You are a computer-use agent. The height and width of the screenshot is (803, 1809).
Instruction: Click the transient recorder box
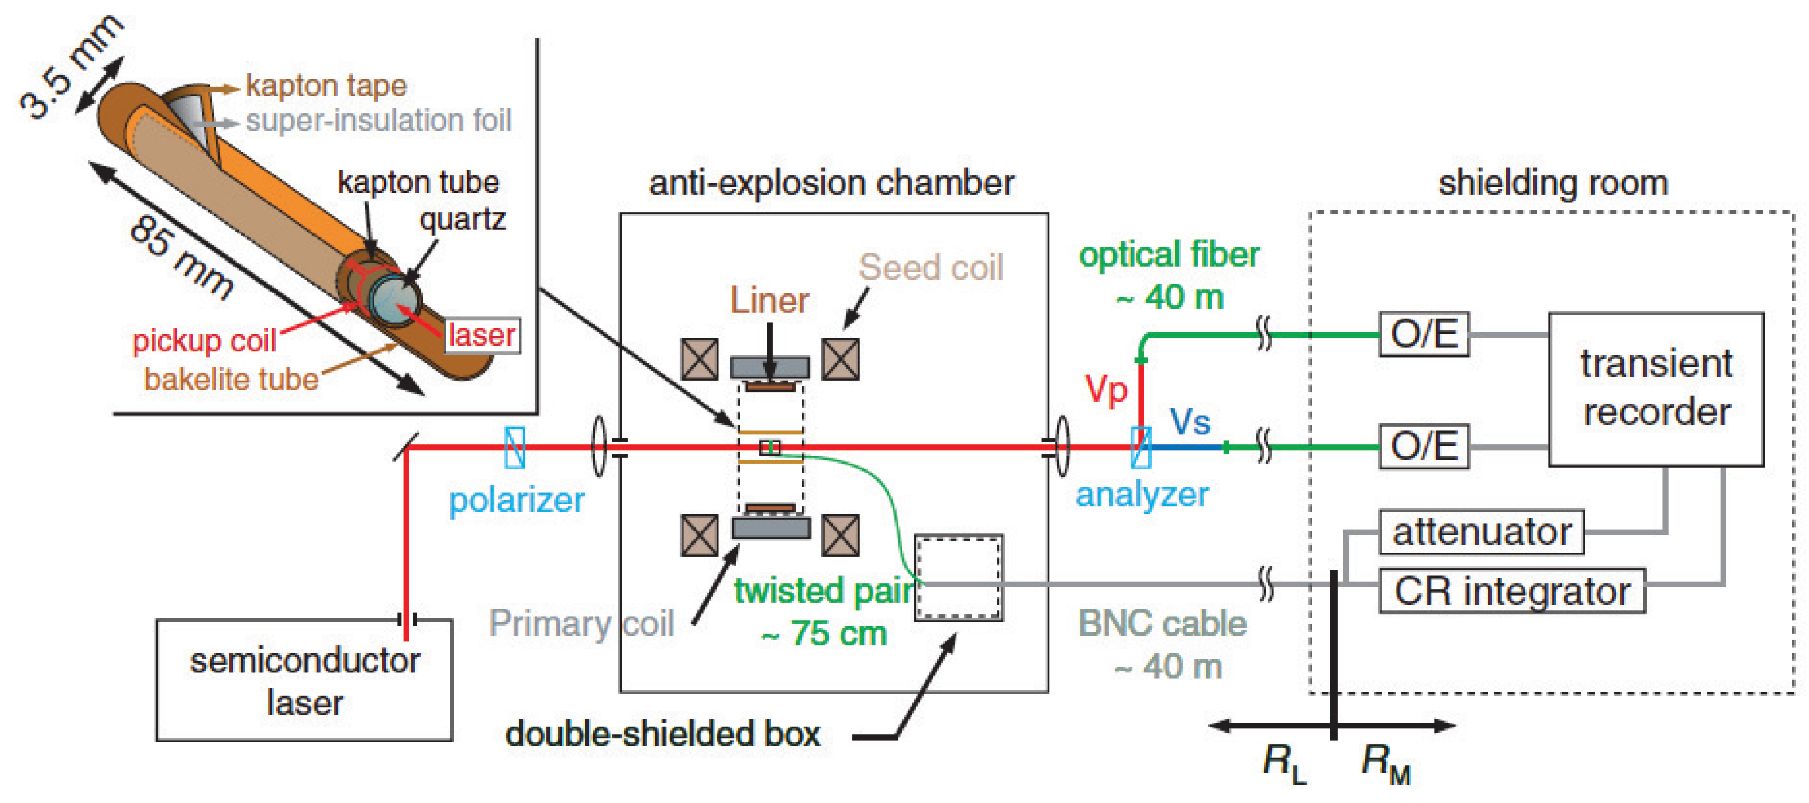click(1656, 390)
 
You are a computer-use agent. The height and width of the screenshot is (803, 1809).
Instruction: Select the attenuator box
click(1481, 532)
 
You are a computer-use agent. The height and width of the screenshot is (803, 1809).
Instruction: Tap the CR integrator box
click(1512, 591)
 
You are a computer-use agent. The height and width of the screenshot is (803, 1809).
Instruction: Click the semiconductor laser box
click(304, 680)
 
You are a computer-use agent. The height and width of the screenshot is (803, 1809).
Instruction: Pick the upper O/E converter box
click(1424, 334)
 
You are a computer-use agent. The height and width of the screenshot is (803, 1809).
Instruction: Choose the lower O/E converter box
click(1424, 446)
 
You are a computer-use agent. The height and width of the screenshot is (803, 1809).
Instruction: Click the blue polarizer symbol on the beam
click(515, 447)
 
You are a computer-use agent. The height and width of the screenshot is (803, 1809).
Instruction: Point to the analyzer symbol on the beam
click(1140, 447)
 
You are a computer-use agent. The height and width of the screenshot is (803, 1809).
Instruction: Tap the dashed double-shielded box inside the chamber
click(959, 578)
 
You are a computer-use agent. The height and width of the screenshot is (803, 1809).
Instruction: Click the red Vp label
click(1105, 390)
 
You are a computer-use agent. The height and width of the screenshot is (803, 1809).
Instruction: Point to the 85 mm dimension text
click(181, 257)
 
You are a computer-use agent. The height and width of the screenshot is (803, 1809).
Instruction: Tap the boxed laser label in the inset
click(482, 335)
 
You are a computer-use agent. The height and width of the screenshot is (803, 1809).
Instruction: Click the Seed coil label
click(931, 268)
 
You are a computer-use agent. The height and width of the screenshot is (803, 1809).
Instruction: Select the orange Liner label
click(769, 300)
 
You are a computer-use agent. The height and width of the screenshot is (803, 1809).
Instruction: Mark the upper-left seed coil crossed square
click(700, 359)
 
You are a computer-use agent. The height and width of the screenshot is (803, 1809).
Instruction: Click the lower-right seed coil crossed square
click(841, 535)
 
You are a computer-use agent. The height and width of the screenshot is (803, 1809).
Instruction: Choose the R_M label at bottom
click(1385, 762)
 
